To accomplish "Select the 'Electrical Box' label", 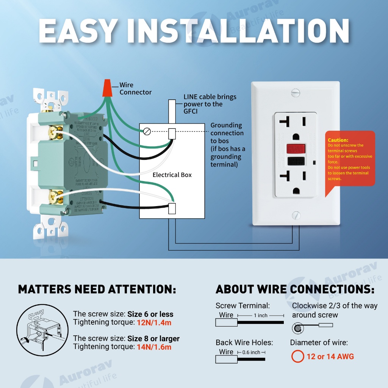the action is [x=172, y=175].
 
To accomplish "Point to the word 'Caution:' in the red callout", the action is [x=338, y=140].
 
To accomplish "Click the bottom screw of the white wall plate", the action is [x=296, y=216].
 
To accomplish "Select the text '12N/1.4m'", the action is [x=154, y=322].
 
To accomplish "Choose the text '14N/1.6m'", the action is [x=154, y=347].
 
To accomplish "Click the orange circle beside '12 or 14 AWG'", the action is [x=297, y=357].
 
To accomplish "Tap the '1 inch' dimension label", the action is [x=260, y=315].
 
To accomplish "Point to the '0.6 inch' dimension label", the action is [x=251, y=352].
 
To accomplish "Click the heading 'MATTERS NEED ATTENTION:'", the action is [x=97, y=289].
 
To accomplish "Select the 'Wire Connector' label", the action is [x=135, y=89].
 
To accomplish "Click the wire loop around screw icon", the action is [x=299, y=327].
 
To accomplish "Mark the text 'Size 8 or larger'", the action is [x=153, y=338].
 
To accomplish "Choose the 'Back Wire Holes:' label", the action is [x=244, y=343].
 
